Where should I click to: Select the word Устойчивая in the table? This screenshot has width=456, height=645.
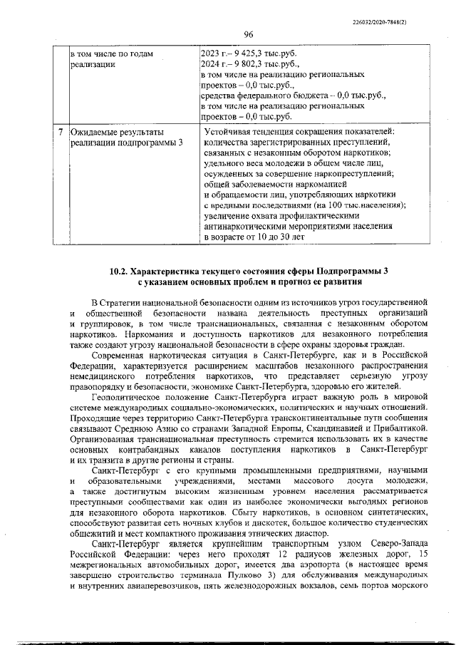229,132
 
